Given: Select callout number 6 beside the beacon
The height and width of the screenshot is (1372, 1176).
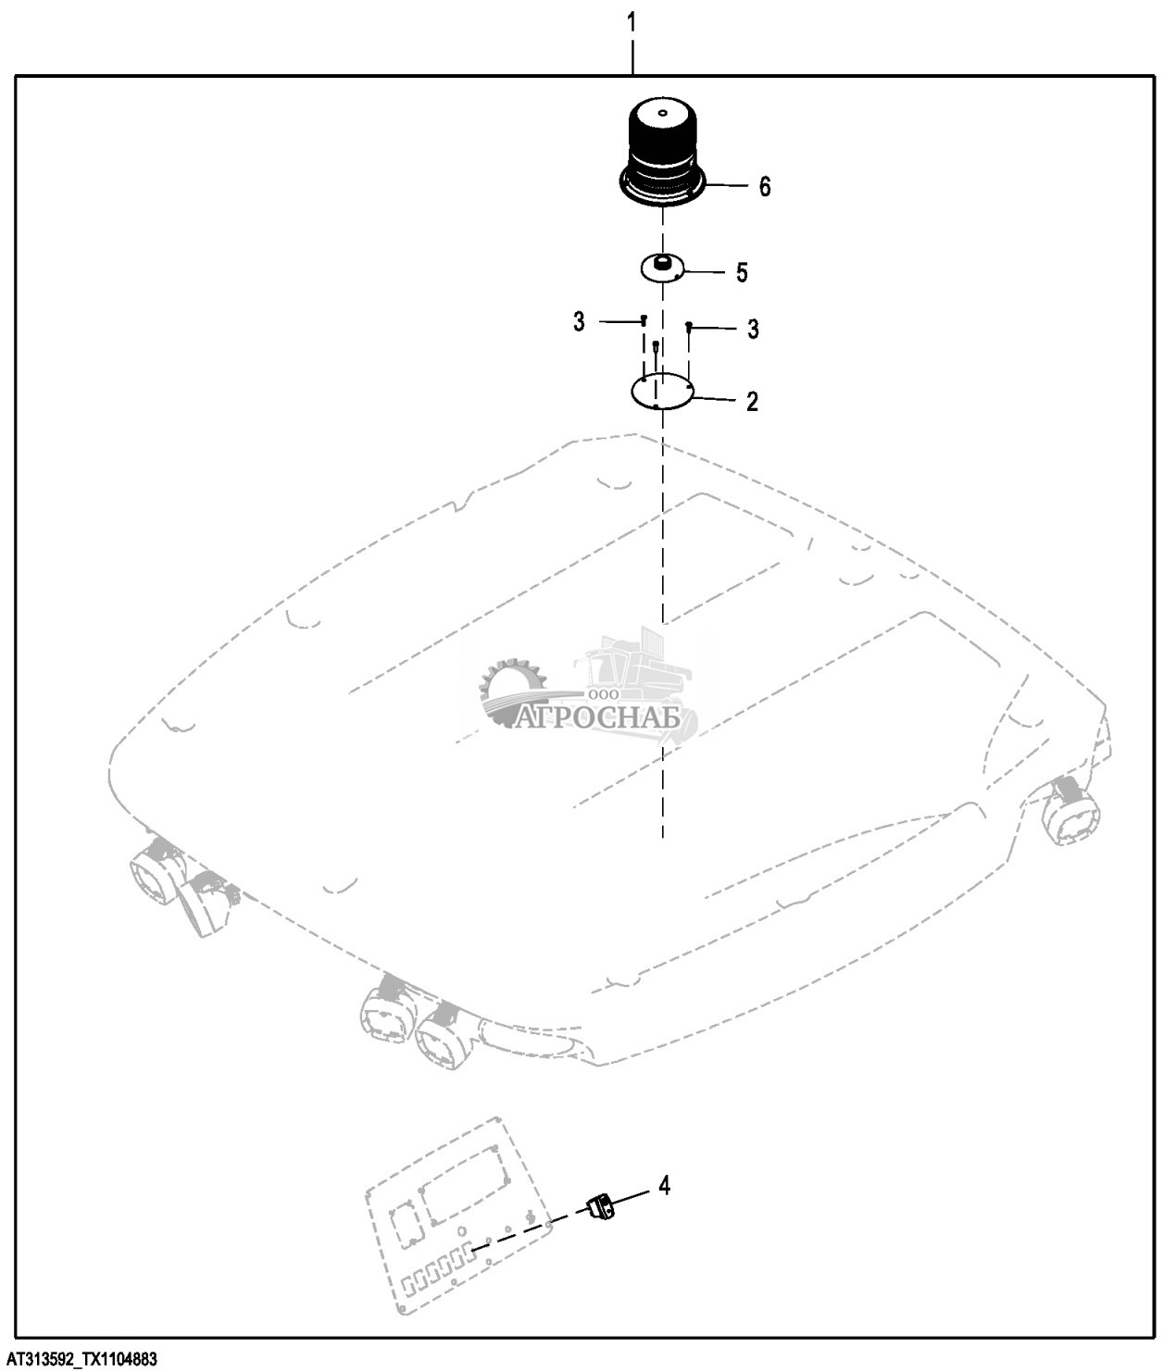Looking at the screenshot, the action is coord(765,187).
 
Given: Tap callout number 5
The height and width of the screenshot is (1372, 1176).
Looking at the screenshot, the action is coord(742,273).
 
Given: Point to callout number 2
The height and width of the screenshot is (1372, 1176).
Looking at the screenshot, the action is coord(752,402).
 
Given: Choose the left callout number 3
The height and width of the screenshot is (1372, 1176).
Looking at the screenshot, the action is coord(579,322).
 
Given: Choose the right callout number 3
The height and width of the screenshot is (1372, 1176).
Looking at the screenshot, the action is coord(752,330).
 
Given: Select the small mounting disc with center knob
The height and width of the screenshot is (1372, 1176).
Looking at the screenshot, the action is coord(662,268).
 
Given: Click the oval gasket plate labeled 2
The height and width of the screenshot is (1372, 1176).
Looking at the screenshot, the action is coord(662,391).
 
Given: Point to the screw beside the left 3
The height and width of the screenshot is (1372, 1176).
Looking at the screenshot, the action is coord(643,320).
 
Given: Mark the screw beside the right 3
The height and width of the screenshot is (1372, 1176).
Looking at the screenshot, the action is coord(689,326).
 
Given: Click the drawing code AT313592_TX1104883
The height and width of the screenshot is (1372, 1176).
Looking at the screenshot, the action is coord(81,1360).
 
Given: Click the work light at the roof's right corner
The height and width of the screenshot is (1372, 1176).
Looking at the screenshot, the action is coord(1070,811).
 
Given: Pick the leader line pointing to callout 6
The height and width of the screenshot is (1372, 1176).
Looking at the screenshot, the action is coord(727,185).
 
